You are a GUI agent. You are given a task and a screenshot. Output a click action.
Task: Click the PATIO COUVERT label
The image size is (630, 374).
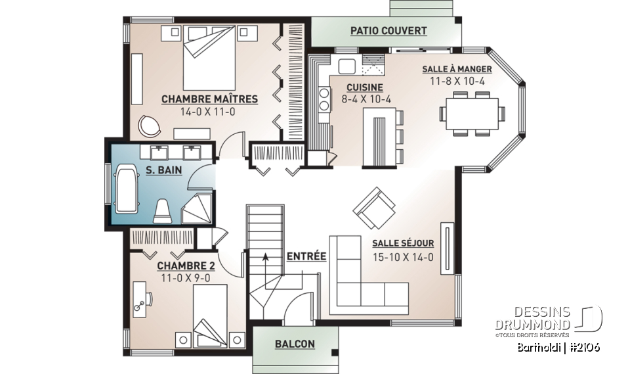click(388, 31)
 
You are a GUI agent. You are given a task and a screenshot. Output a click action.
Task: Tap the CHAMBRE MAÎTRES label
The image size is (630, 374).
click(209, 99)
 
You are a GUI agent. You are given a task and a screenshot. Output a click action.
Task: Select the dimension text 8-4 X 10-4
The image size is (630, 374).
click(366, 100)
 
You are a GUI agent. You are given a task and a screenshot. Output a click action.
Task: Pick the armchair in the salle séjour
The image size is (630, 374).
click(372, 206)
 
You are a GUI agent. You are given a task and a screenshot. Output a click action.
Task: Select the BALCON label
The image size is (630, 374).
click(295, 344)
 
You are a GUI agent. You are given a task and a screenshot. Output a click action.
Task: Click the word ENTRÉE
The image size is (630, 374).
click(306, 256)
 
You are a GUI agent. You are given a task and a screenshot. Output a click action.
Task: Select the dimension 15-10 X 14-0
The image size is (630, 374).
click(403, 257)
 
